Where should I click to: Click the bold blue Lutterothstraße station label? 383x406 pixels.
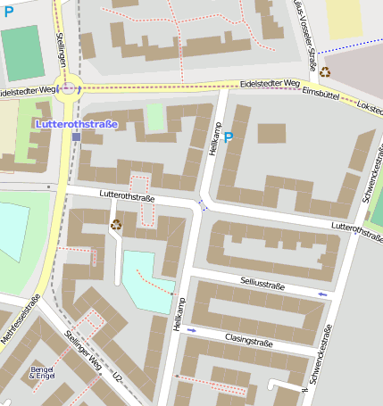click(75, 123)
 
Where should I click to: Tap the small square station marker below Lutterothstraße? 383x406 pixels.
click(76, 137)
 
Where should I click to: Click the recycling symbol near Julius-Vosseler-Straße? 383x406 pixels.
click(325, 72)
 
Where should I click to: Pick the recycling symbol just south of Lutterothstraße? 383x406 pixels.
click(115, 225)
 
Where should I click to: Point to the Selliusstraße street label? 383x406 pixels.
click(262, 284)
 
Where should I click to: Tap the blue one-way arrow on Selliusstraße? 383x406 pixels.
click(322, 293)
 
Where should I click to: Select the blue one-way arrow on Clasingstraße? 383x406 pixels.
click(191, 331)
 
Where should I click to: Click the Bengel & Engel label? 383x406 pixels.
click(42, 372)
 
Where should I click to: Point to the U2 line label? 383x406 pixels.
click(116, 379)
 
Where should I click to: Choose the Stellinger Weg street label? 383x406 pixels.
click(84, 350)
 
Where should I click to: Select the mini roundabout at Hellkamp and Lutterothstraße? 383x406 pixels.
click(203, 206)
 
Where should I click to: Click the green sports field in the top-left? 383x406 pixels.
click(22, 53)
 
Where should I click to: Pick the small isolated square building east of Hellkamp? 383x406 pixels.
click(271, 134)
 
